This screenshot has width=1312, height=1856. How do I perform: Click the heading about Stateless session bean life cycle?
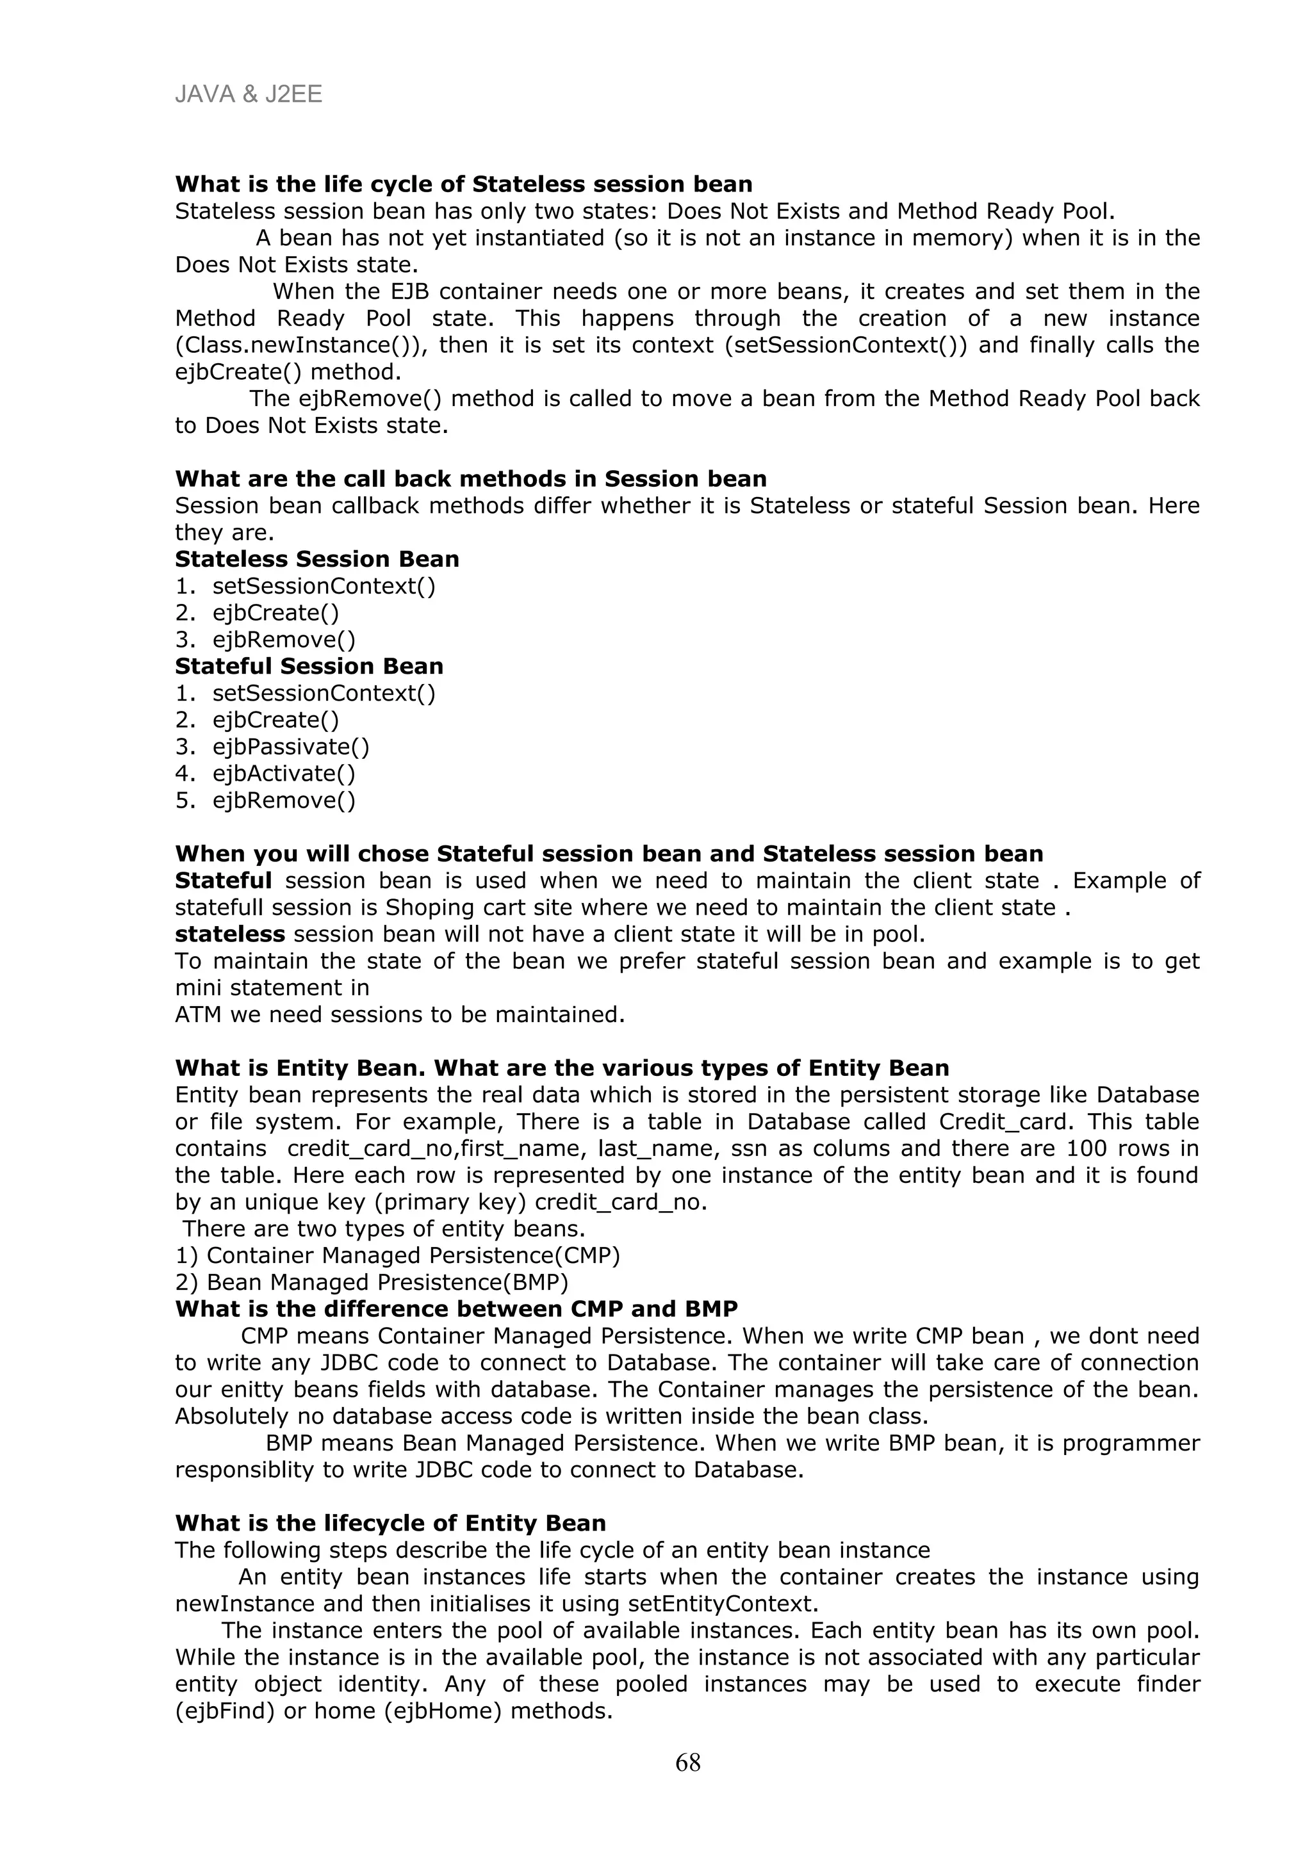pos(463,184)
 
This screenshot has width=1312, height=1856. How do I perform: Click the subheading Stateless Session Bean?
pos(317,558)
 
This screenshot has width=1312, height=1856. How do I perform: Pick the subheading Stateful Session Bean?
pos(309,666)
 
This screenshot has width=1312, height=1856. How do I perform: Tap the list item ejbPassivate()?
pos(290,747)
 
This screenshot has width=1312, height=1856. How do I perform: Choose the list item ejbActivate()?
pos(283,774)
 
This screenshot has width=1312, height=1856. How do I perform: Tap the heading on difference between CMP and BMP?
pos(456,1308)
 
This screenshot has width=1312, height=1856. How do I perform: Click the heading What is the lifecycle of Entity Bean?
pos(390,1523)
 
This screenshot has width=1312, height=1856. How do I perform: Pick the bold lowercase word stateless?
pos(229,934)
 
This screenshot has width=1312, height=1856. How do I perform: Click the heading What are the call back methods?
pos(470,478)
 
